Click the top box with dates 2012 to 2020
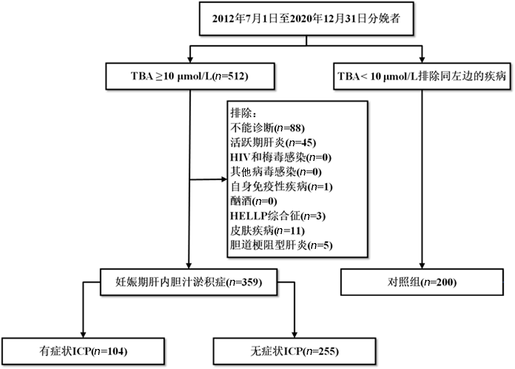(306, 19)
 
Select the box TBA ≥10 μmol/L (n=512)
(190, 76)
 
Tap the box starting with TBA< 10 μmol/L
(422, 76)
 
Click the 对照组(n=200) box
(422, 282)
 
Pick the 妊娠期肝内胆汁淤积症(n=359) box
(189, 282)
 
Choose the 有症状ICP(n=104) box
(83, 351)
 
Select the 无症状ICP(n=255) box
(294, 351)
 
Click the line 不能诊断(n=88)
(267, 128)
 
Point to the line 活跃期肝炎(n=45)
(273, 143)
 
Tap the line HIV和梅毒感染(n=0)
(281, 158)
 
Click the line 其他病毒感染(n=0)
(276, 172)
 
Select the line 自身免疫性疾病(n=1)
(282, 187)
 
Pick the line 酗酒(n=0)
(254, 201)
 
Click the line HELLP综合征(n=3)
(278, 216)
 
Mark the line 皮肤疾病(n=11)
(267, 231)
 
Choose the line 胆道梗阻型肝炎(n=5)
(281, 245)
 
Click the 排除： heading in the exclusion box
(243, 113)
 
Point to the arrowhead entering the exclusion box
(224, 179)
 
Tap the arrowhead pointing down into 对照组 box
(422, 266)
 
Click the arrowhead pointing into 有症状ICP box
(83, 335)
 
